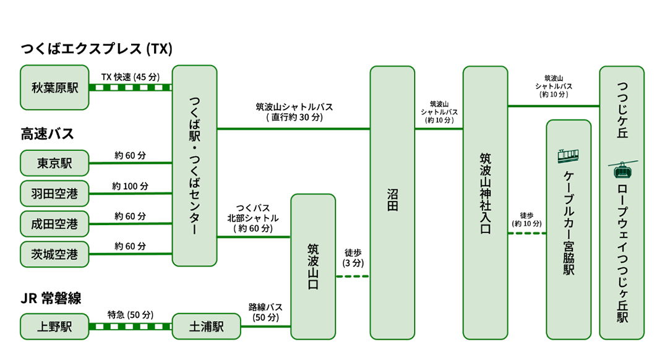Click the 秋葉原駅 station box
(54, 87)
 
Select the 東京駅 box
(54, 163)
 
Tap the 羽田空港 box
(54, 194)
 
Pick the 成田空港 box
(54, 224)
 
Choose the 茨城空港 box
(54, 254)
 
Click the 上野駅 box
(54, 327)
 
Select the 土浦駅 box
(206, 327)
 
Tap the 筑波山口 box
(313, 266)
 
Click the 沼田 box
(392, 202)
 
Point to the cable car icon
(568, 155)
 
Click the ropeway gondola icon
(622, 168)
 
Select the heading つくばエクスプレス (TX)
(97, 49)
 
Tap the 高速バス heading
(47, 134)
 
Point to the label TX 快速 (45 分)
(130, 77)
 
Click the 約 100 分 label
(130, 186)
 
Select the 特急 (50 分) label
(130, 315)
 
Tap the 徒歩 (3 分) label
(353, 258)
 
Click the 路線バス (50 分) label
(265, 312)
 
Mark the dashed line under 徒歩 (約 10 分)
(526, 233)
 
